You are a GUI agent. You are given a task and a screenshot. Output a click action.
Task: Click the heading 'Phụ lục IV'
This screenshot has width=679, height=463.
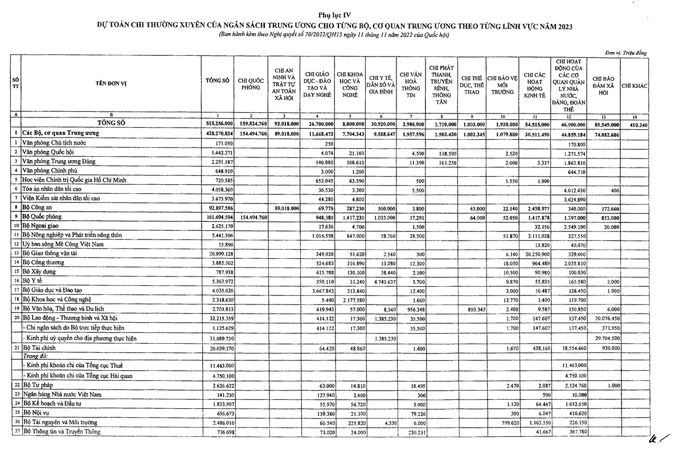click(339, 14)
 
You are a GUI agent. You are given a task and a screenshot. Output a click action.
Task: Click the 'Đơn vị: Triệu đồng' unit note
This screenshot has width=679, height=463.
click(625, 52)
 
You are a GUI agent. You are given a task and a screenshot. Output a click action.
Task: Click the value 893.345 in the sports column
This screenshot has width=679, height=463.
click(473, 308)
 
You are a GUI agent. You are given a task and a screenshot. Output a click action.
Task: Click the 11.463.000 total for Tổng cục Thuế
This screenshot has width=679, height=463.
click(218, 364)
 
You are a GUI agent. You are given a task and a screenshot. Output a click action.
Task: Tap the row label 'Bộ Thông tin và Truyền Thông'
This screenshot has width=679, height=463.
click(62, 432)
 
